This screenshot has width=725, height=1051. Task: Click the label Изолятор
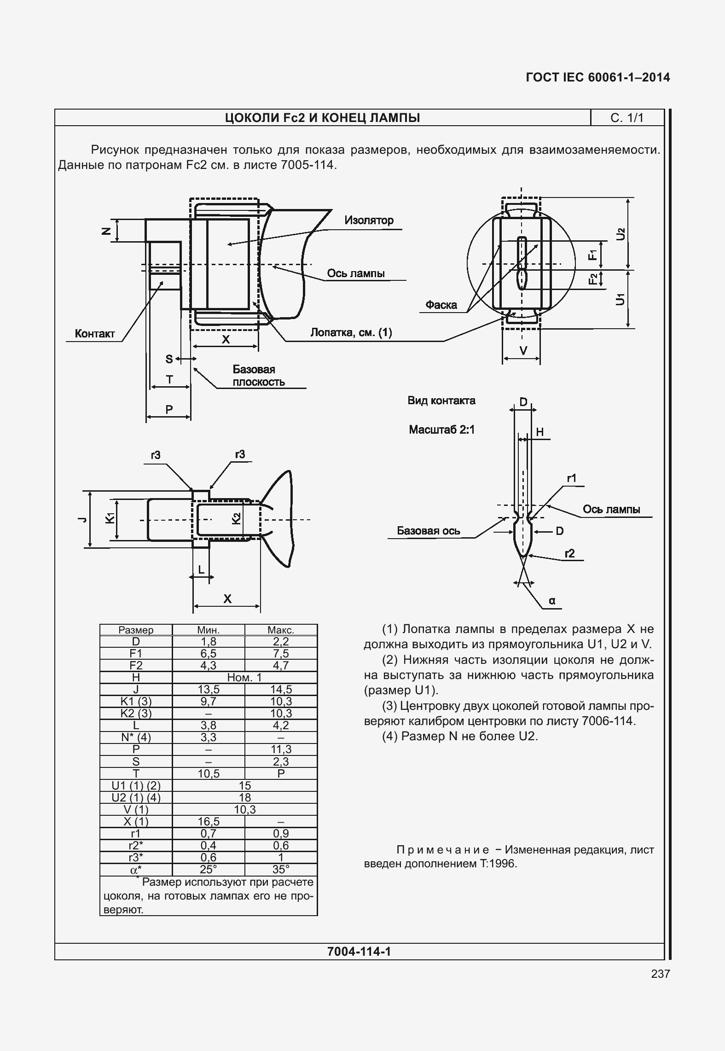pyautogui.click(x=369, y=221)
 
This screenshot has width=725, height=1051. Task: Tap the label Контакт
pyautogui.click(x=95, y=334)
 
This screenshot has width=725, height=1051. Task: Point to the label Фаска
pyautogui.click(x=441, y=305)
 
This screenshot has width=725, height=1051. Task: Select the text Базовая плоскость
pyautogui.click(x=258, y=376)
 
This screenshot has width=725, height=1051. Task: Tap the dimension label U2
pyautogui.click(x=621, y=234)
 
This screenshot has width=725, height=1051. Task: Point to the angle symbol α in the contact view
pyautogui.click(x=552, y=601)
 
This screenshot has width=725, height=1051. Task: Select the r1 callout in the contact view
pyautogui.click(x=571, y=478)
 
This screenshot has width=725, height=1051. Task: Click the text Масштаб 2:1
pyautogui.click(x=441, y=430)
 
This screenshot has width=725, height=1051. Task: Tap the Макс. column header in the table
pyautogui.click(x=281, y=630)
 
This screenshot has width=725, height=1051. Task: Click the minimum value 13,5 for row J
pyautogui.click(x=209, y=689)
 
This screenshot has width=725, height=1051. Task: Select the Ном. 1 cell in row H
pyautogui.click(x=244, y=677)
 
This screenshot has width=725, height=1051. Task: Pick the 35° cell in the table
pyautogui.click(x=281, y=869)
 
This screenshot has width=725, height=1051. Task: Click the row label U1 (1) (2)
pyautogui.click(x=136, y=785)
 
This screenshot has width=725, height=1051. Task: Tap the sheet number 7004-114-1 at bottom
pyautogui.click(x=359, y=952)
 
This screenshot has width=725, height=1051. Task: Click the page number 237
pyautogui.click(x=661, y=974)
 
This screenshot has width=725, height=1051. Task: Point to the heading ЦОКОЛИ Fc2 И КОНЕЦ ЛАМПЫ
pyautogui.click(x=322, y=118)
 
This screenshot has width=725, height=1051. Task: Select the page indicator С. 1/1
pyautogui.click(x=627, y=118)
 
